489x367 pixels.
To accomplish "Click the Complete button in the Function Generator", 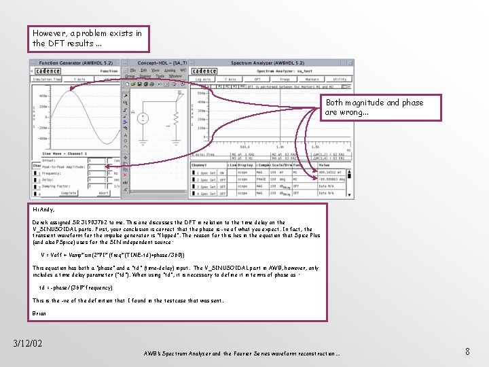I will (69, 193).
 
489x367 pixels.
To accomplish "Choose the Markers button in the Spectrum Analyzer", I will (312, 79).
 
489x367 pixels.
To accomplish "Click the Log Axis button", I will (203, 79).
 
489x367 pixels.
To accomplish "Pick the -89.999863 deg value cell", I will (334, 179).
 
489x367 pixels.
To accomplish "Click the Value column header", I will (324, 165).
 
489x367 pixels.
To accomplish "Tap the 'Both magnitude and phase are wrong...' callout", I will (382, 107).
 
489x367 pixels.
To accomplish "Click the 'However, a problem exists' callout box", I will (90, 38).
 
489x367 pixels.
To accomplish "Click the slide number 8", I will (467, 351).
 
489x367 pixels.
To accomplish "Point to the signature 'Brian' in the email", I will (39, 313).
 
